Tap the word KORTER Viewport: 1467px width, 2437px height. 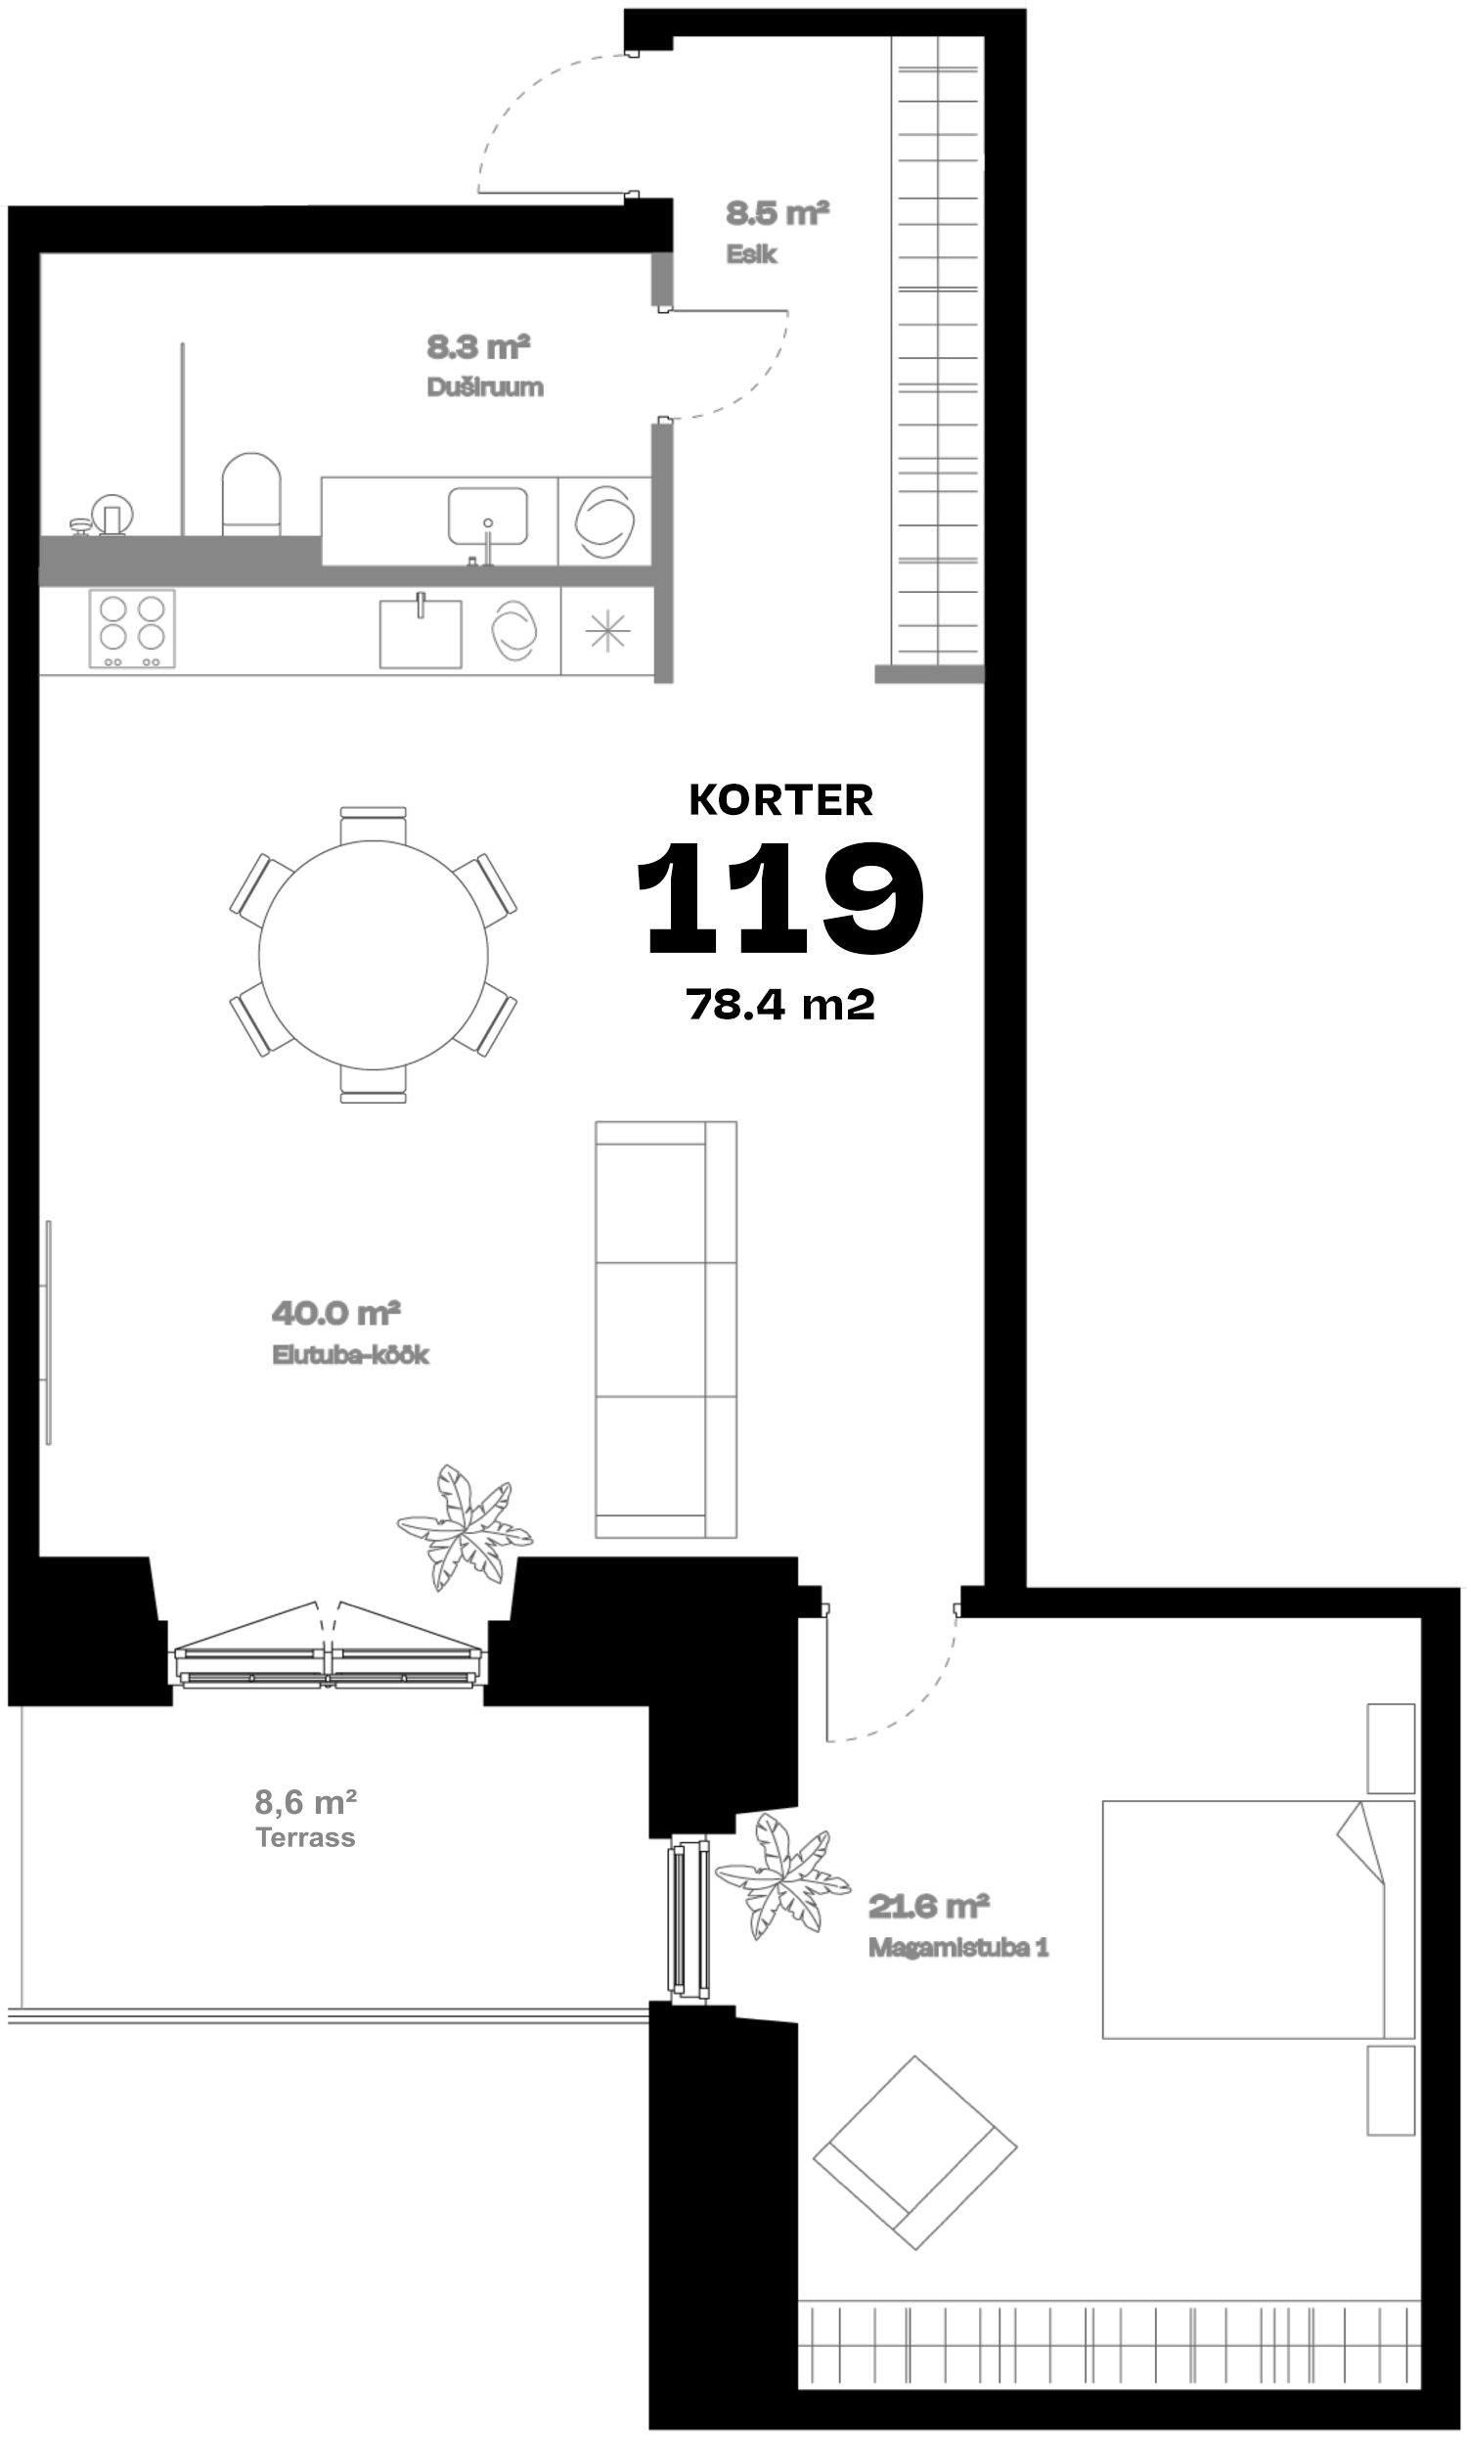click(781, 800)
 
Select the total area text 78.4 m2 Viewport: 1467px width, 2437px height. click(781, 1005)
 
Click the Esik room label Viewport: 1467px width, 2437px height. click(751, 254)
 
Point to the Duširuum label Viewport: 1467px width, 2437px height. click(484, 386)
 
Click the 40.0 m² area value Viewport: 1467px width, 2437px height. click(336, 1313)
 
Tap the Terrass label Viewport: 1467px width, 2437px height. click(305, 1837)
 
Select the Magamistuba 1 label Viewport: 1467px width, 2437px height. click(957, 1948)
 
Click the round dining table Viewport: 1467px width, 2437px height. click(374, 954)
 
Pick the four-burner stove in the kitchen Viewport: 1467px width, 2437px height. click(131, 629)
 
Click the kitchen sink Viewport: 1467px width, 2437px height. click(421, 632)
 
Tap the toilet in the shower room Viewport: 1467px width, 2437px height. click(251, 494)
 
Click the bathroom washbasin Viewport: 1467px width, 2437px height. click(487, 518)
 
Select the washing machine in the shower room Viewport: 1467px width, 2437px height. click(604, 522)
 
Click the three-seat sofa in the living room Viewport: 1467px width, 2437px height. click(665, 1330)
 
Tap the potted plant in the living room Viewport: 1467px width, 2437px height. click(466, 1526)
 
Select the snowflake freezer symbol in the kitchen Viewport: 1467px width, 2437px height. click(607, 631)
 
